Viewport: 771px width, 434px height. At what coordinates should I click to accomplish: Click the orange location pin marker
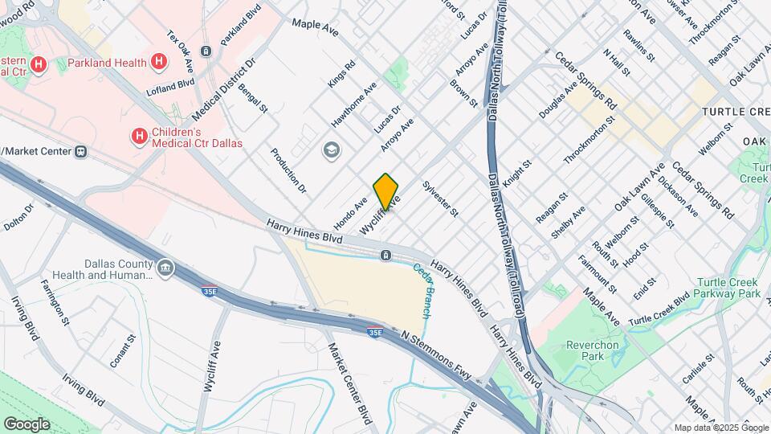click(385, 192)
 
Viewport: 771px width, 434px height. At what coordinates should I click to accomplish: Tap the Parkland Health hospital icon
click(160, 61)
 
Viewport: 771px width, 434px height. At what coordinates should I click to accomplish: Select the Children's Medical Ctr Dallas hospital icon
click(139, 137)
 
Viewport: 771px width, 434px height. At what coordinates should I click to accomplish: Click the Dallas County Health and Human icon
click(165, 268)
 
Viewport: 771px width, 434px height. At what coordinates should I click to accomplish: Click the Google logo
click(27, 424)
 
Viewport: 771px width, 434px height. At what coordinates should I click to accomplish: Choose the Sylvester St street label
click(440, 199)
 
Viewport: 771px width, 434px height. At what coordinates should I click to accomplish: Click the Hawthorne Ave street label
click(353, 104)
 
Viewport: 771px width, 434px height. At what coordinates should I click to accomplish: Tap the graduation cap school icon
click(330, 150)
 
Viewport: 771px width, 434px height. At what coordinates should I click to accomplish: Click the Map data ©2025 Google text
click(720, 428)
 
